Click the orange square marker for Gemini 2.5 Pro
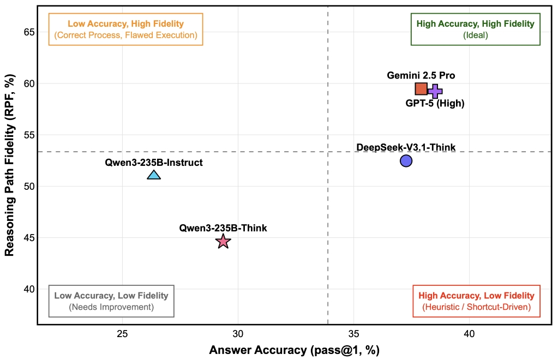pos(421,89)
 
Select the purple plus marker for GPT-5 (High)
pos(435,92)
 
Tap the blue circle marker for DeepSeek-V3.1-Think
pos(406,160)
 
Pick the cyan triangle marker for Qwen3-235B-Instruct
pos(154,175)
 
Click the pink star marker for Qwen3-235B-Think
pos(223,241)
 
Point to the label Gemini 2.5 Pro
pos(421,75)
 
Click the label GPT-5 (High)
pos(435,104)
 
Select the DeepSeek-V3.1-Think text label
pos(406,147)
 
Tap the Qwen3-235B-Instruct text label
pos(154,162)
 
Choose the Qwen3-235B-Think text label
pos(223,228)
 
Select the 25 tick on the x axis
pos(122,333)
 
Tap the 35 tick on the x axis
pos(353,333)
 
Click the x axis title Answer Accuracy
pos(294,350)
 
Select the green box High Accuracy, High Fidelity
pos(475,29)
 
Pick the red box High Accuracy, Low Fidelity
pos(476,301)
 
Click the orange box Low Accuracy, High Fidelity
pos(125,29)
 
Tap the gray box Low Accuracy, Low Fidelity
pos(111,301)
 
